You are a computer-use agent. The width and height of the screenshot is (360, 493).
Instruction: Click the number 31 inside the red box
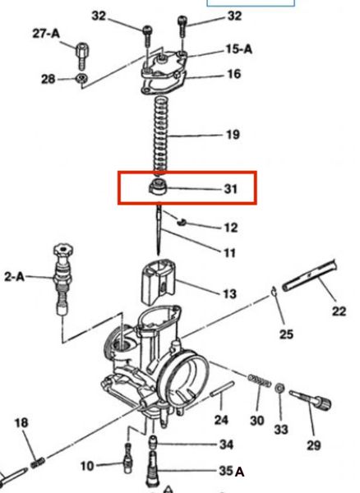[x=231, y=189]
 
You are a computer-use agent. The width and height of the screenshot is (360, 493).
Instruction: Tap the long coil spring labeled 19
[x=160, y=136]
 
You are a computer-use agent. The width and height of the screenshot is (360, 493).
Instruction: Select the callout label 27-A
[x=46, y=33]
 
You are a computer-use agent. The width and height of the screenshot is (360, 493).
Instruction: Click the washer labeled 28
[x=81, y=77]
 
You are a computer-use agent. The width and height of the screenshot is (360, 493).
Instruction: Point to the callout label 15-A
[x=239, y=49]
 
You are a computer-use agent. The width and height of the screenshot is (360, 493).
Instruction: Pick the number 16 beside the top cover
[x=234, y=74]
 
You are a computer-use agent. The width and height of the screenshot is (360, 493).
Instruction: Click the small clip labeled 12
[x=182, y=222]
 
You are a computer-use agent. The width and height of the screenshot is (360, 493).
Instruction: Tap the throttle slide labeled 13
[x=158, y=281]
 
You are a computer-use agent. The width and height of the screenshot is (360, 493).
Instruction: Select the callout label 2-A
[x=14, y=277]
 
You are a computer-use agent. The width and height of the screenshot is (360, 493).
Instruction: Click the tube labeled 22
[x=310, y=275]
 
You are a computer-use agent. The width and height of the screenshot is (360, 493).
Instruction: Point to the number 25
[x=286, y=334]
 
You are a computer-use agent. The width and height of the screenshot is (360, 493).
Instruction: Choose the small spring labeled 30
[x=260, y=380]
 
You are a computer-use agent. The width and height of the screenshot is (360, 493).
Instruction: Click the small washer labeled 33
[x=279, y=389]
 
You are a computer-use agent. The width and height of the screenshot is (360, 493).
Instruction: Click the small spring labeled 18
[x=38, y=462]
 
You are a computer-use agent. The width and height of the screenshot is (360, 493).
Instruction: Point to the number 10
[x=87, y=466]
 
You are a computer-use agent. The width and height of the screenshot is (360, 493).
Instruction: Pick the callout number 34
[x=226, y=445]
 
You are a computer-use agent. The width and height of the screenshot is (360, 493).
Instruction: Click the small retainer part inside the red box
[x=157, y=187]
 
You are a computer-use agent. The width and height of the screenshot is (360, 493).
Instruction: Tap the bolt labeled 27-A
[x=82, y=56]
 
